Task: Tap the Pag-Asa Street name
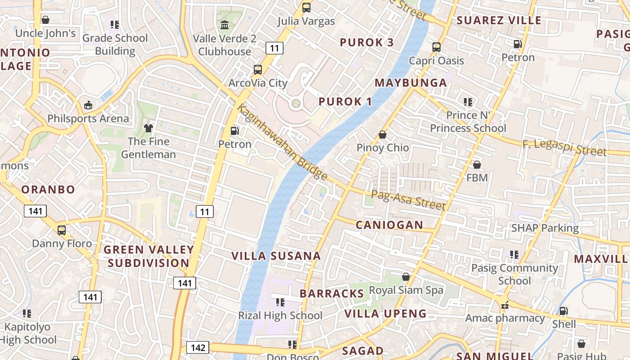coord(408,200)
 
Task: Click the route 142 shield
coord(198,347)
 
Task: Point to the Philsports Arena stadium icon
coord(88,105)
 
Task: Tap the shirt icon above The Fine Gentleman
coord(148,128)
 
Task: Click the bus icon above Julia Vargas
coord(306,8)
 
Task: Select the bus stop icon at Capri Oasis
coord(436,47)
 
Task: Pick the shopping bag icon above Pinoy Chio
coord(382,135)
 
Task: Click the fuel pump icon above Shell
coord(563,311)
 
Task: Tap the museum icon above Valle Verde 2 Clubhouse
coord(225,25)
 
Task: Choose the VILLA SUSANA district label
coord(276,256)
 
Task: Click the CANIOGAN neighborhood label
coord(389,225)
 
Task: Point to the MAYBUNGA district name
coord(410,83)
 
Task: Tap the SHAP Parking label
coord(544,228)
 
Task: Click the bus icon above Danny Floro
coord(62,230)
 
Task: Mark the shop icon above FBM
coord(477,165)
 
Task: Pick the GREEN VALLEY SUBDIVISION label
coord(148,256)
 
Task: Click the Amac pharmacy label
coord(505,318)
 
